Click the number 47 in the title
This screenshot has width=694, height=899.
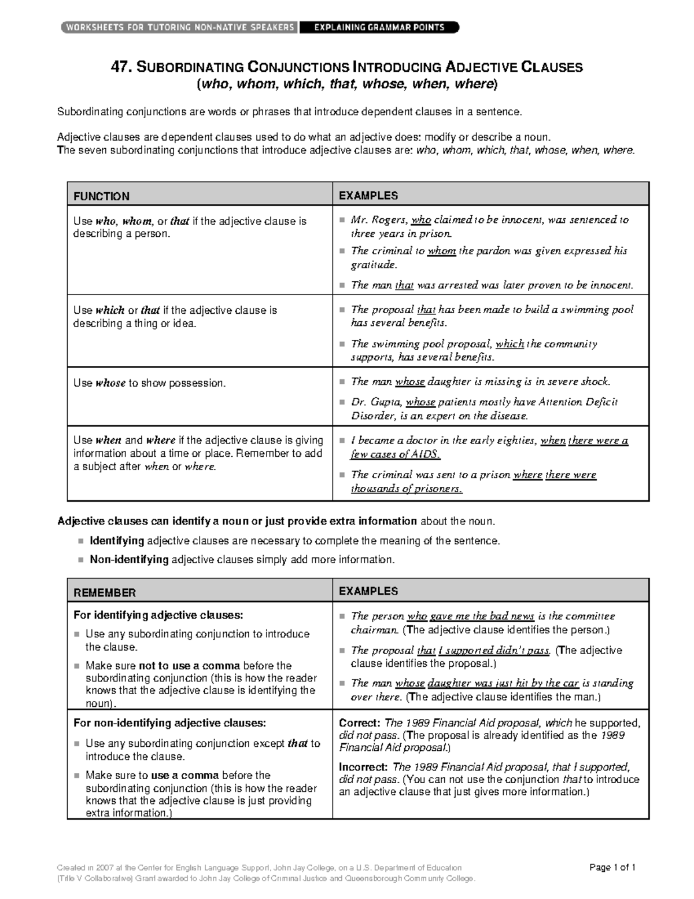(121, 67)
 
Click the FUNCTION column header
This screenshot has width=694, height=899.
(101, 196)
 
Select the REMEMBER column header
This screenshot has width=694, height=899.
(105, 593)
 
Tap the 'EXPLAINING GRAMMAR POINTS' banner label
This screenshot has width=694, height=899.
(379, 27)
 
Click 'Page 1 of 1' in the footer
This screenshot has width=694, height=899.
(612, 867)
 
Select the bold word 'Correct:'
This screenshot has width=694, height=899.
(360, 723)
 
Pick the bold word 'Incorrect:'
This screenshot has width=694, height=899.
(364, 767)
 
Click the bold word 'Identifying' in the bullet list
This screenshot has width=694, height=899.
(117, 541)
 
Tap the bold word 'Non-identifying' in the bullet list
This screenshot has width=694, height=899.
(129, 560)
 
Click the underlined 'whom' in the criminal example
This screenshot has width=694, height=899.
(441, 251)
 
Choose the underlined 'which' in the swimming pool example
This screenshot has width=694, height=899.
(510, 344)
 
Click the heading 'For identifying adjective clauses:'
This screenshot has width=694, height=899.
(158, 615)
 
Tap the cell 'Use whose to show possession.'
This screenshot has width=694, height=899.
(149, 383)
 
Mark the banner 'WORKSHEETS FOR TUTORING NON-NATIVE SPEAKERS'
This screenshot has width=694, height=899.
(179, 27)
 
